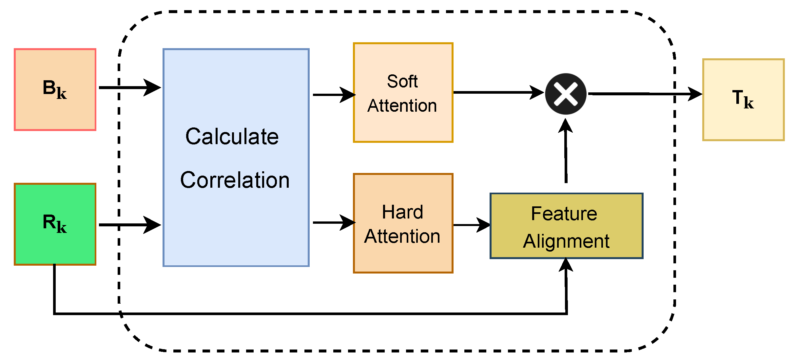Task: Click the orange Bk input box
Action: point(55,89)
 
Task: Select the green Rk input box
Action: point(55,224)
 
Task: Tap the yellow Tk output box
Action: point(743,100)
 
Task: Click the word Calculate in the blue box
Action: point(232,137)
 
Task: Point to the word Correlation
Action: point(235,180)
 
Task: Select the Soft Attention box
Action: point(403,93)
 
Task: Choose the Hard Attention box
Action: point(403,223)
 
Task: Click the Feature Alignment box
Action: point(566,226)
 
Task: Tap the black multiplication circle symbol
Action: point(566,94)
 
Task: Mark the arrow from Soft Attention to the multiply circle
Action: point(498,92)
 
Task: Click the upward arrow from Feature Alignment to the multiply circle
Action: point(566,151)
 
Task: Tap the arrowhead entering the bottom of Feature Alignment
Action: point(566,265)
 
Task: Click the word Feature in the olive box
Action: point(564,214)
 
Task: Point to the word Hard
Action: point(402,212)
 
